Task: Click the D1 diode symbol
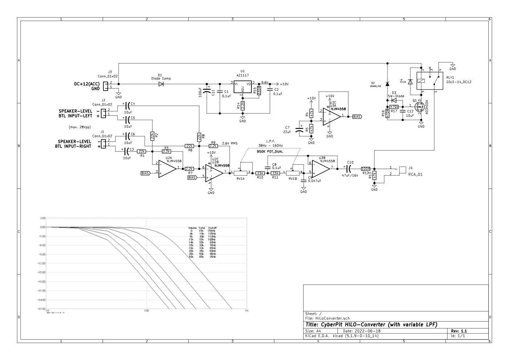click(160, 84)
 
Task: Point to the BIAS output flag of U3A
click(357, 117)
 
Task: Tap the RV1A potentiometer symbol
click(241, 173)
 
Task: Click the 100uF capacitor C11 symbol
click(207, 90)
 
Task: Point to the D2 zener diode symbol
click(387, 84)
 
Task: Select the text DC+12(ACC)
click(87, 84)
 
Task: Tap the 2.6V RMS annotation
click(230, 144)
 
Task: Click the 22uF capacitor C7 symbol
click(300, 130)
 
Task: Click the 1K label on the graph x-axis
click(247, 311)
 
